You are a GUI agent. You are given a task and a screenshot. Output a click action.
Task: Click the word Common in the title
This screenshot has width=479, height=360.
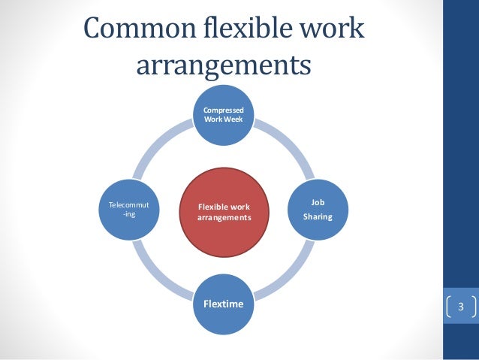137,30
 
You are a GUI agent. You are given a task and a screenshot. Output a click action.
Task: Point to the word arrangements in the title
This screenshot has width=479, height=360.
223,65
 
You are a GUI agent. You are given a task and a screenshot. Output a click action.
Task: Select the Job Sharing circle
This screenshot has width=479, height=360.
318,210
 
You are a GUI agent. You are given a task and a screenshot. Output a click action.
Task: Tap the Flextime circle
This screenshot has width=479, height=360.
224,305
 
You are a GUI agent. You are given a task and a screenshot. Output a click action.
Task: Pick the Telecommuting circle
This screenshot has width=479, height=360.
129,210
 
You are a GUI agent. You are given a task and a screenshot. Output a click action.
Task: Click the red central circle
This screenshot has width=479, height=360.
224,210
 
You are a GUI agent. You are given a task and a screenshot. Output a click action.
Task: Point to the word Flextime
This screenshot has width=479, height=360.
224,305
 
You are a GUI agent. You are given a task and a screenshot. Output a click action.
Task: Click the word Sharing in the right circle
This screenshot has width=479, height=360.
318,217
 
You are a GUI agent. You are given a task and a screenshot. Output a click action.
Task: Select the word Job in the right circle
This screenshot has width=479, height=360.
318,202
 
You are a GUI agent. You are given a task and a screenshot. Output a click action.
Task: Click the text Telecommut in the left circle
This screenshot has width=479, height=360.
129,204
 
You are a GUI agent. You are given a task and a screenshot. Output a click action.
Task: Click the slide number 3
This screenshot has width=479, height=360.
461,307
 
